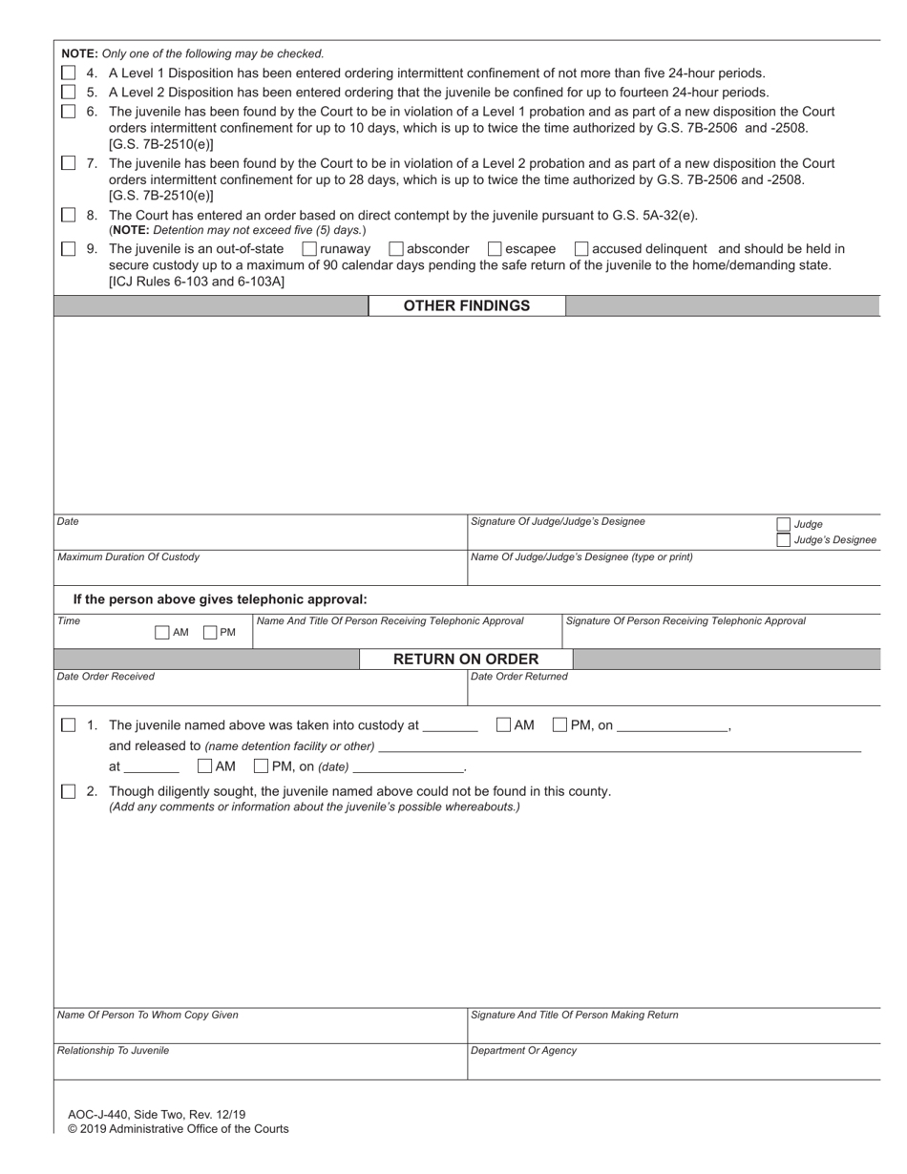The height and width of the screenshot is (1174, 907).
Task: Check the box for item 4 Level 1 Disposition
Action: [69, 73]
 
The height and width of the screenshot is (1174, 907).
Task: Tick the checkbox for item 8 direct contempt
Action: [69, 215]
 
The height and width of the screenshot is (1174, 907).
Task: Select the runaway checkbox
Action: [309, 248]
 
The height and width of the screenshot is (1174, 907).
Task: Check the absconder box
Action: [396, 248]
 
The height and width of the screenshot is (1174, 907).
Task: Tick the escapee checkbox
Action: [495, 248]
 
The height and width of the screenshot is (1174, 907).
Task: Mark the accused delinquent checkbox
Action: [581, 248]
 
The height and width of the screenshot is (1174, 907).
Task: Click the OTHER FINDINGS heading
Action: [466, 305]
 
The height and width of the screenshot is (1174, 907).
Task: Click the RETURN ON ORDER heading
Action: [466, 659]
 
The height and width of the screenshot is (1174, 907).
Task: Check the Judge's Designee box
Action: [784, 540]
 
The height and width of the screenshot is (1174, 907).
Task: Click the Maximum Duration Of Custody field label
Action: [129, 556]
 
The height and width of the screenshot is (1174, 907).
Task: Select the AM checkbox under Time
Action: [161, 632]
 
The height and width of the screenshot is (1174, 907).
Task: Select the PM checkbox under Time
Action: [210, 632]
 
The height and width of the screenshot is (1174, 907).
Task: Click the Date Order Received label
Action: [106, 676]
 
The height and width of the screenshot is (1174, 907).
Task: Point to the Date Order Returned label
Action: [519, 676]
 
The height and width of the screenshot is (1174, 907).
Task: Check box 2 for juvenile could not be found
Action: [69, 791]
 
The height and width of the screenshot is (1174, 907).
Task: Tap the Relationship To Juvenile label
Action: [113, 1050]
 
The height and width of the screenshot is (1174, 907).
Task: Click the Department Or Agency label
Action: [523, 1050]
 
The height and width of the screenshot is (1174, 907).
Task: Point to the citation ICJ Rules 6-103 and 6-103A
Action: [197, 282]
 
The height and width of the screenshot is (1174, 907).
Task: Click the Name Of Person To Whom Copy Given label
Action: [148, 1015]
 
